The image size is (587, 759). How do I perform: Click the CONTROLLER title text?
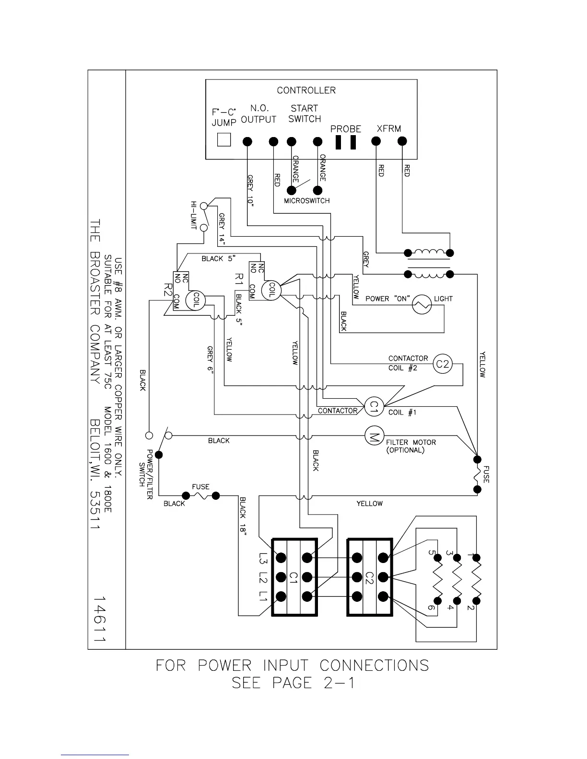306,90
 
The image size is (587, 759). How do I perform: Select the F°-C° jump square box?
224,139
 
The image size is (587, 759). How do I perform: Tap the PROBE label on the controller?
345,129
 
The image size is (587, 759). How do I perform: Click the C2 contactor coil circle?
442,364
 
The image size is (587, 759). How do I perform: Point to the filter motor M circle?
374,436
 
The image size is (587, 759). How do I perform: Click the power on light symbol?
422,304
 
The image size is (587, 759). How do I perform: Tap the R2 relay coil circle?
196,300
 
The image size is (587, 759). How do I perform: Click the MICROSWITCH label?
306,201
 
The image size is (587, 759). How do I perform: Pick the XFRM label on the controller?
388,128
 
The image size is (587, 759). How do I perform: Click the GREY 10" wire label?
250,190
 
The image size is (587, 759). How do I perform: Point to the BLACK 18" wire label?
243,515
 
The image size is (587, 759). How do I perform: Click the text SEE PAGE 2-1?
293,682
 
